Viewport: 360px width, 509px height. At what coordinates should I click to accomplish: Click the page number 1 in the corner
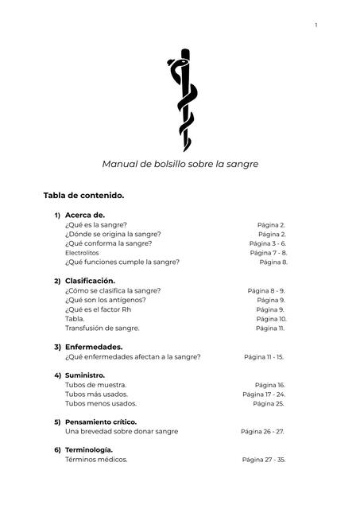[x=315, y=25]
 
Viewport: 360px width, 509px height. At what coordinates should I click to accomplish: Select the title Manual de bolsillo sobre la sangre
[x=180, y=164]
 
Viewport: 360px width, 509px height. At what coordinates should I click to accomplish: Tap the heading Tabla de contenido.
[x=83, y=195]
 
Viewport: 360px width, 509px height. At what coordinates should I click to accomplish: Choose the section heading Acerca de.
[x=84, y=215]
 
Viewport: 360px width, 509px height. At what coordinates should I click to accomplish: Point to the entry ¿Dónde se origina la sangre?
[x=113, y=234]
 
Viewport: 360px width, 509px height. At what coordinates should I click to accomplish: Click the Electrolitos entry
[x=82, y=253]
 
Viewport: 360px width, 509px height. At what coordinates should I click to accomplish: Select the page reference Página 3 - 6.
[x=267, y=243]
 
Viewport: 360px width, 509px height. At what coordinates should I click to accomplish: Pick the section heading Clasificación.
[x=90, y=281]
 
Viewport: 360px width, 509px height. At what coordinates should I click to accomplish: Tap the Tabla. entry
[x=75, y=319]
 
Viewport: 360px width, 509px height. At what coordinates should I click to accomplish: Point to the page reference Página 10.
[x=270, y=319]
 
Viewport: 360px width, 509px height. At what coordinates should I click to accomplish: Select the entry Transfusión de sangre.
[x=102, y=328]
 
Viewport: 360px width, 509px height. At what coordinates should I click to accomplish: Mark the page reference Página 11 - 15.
[x=264, y=357]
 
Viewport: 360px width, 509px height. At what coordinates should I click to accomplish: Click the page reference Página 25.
[x=269, y=404]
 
